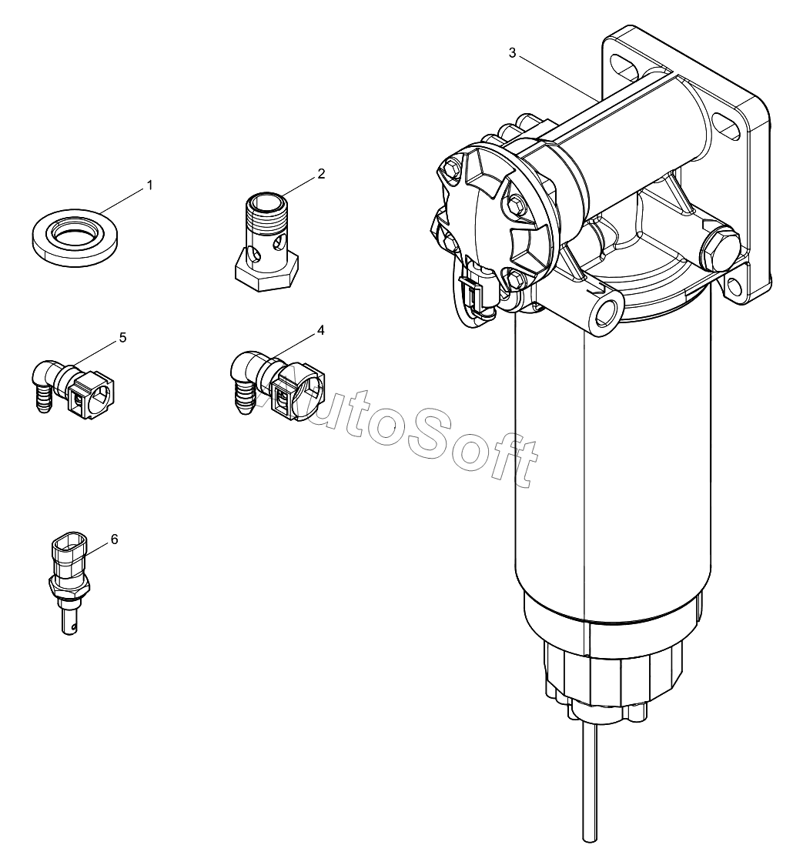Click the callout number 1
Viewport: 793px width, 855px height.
point(150,185)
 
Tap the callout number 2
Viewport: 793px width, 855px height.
point(320,174)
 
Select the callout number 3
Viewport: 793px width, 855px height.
point(513,52)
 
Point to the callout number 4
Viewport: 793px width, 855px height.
point(320,330)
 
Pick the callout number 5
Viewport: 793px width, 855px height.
point(122,338)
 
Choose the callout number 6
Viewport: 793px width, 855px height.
point(115,539)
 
